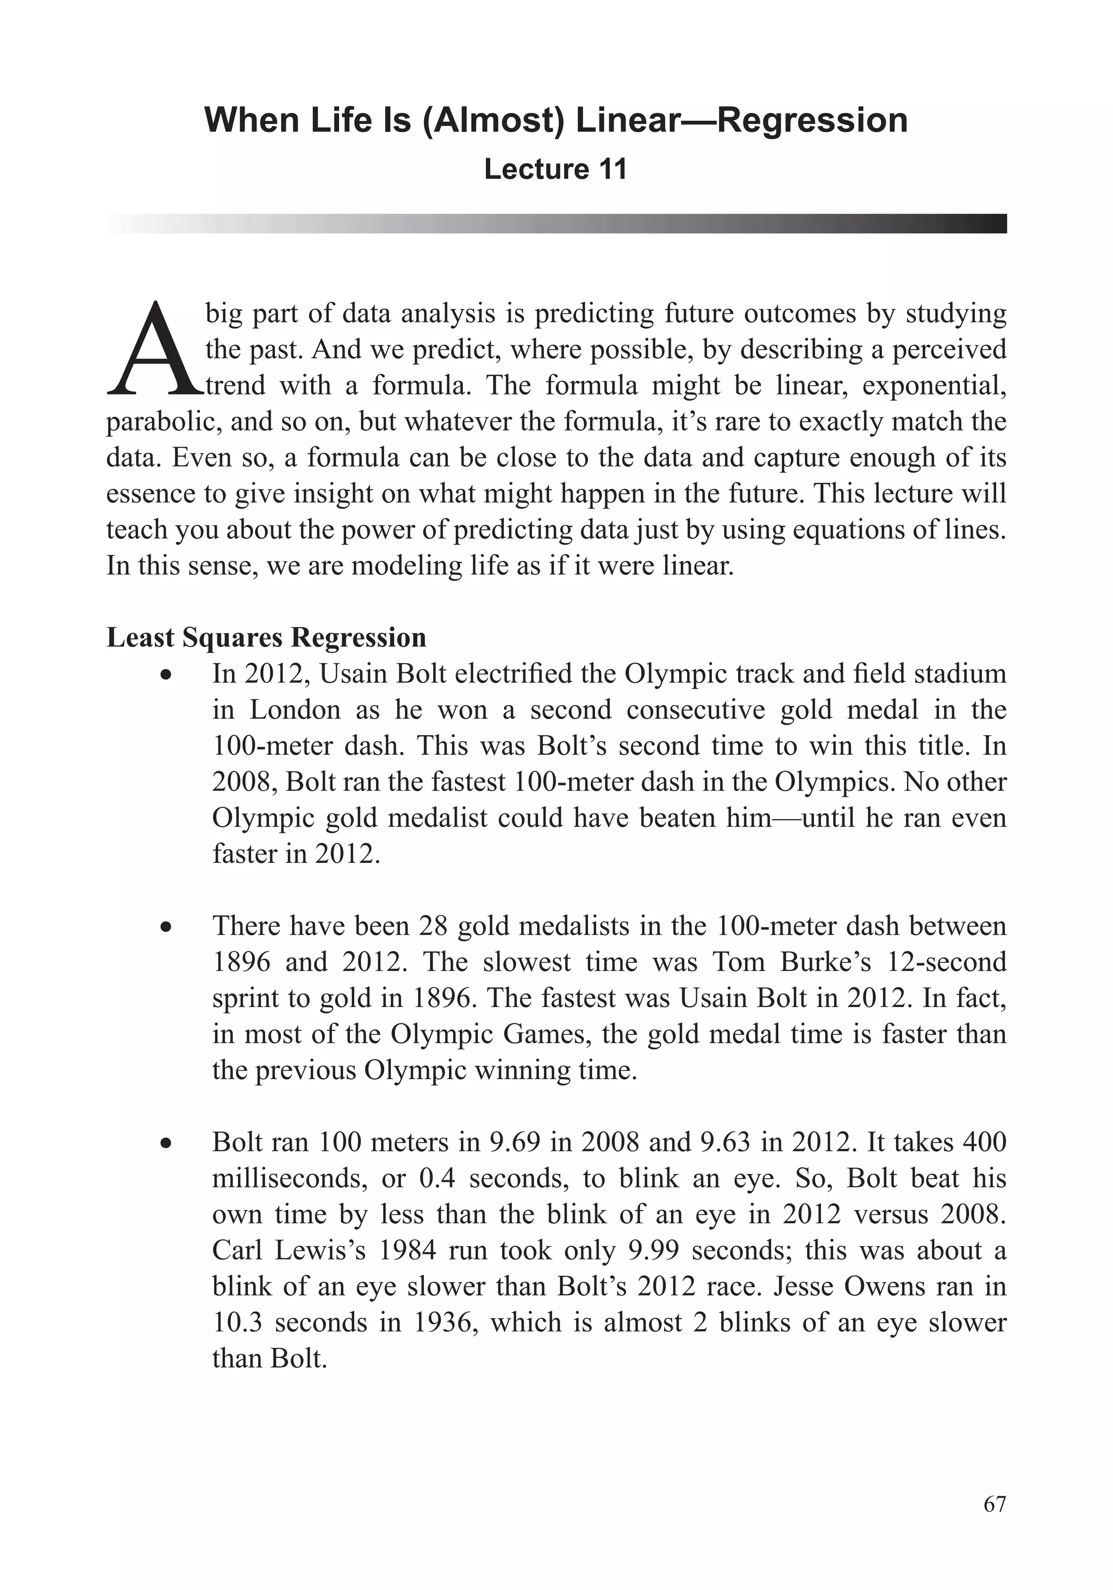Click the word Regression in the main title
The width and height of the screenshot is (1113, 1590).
point(812,121)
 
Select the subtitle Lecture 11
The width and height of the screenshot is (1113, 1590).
point(555,170)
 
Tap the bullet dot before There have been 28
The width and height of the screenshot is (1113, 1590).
point(165,927)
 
